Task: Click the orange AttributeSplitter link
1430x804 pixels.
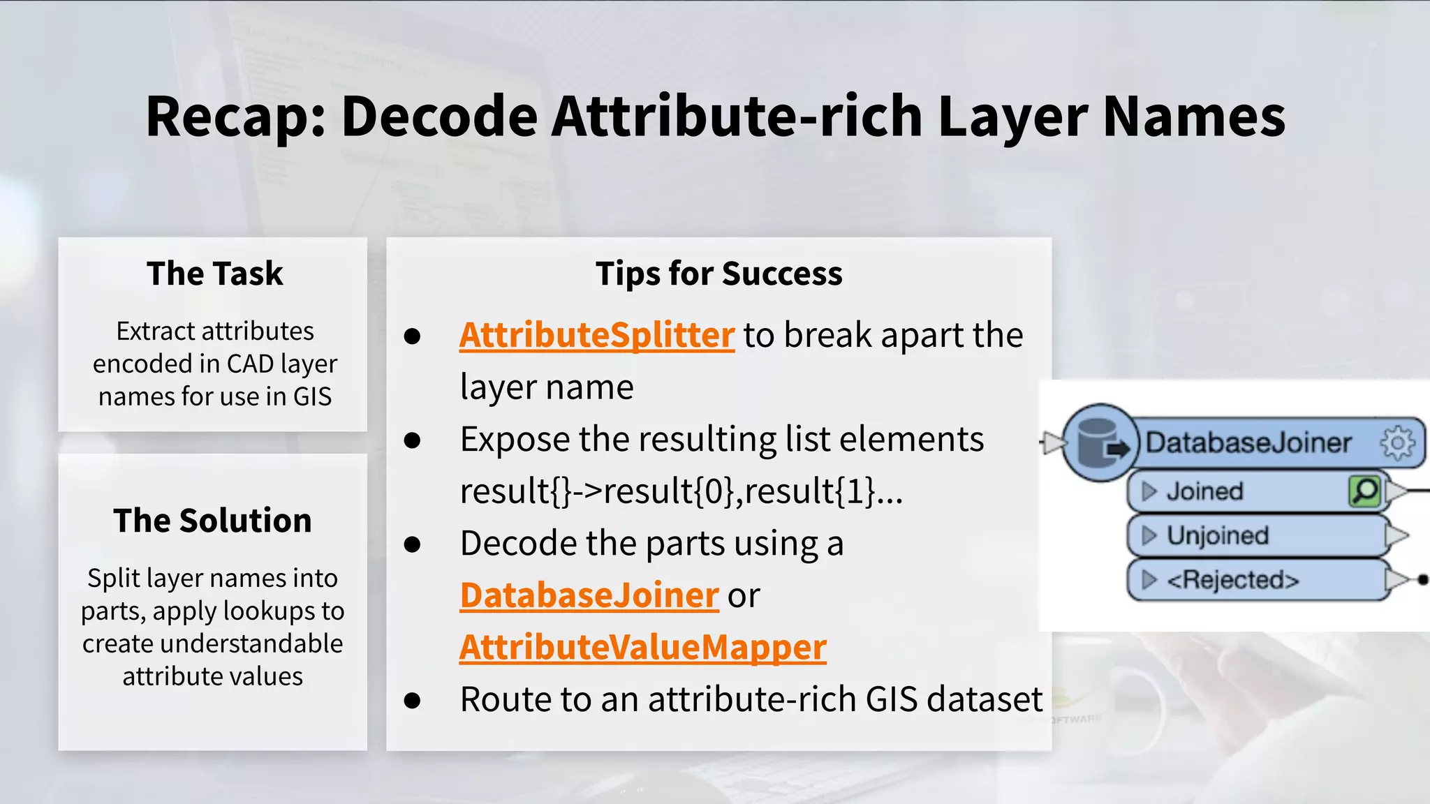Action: (596, 336)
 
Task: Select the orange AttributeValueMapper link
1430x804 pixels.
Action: (642, 647)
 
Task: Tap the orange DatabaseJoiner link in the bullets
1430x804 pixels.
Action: (589, 595)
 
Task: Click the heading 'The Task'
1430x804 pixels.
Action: (214, 274)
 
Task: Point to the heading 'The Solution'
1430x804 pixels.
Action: (212, 521)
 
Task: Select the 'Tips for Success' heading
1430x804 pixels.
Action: (718, 274)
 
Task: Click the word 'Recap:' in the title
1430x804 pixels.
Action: (235, 117)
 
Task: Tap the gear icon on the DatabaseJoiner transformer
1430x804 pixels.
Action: (1397, 443)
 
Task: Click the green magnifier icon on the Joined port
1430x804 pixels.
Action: (1364, 491)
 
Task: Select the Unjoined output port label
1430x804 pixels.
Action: (1217, 535)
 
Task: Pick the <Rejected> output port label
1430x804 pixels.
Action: (1232, 580)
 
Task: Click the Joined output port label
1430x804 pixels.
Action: (1204, 491)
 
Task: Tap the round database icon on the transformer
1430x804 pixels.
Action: (1099, 443)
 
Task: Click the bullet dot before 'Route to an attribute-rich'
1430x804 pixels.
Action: (412, 700)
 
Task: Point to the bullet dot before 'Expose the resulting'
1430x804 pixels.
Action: (412, 440)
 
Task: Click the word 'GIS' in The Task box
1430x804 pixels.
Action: (312, 396)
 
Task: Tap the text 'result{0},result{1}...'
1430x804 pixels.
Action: (753, 491)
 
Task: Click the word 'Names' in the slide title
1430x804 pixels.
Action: (1193, 117)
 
